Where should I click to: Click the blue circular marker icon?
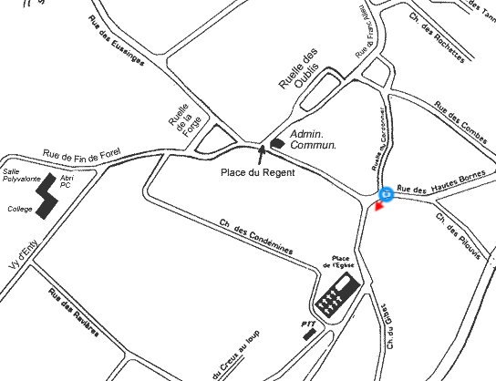(386, 194)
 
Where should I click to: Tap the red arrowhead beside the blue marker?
(380, 210)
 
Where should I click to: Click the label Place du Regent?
(258, 173)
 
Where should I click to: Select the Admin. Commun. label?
(313, 139)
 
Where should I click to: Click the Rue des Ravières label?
(72, 313)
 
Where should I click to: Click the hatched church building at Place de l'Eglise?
(335, 295)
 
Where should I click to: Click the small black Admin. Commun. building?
(278, 142)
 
